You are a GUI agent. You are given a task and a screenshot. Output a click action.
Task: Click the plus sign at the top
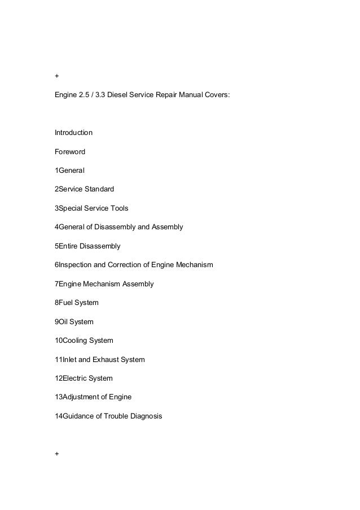56,76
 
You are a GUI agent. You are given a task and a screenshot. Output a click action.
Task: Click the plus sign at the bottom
56,454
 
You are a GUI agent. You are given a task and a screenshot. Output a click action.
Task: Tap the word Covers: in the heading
217,95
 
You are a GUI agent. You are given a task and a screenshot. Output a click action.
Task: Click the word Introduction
73,133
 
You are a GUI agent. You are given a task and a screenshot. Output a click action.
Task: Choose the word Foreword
71,151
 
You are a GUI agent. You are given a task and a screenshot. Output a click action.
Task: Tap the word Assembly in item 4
166,227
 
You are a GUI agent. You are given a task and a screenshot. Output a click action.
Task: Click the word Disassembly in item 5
96,246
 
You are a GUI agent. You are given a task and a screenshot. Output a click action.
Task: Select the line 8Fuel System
76,303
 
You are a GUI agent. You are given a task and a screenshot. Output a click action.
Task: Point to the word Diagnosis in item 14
144,416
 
